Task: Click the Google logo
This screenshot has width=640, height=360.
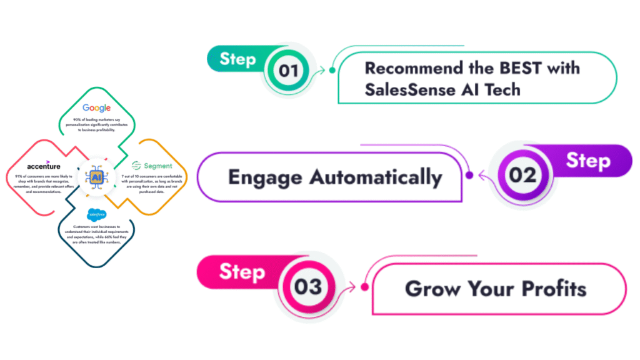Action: (96, 108)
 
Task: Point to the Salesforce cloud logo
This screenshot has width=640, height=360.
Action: (96, 215)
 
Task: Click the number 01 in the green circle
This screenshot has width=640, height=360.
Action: (288, 71)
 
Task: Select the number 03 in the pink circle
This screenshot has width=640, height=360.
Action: (308, 287)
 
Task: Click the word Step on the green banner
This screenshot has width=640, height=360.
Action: (237, 59)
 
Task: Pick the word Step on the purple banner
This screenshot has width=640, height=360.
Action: (588, 161)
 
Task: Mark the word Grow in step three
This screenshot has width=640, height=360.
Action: (431, 289)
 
